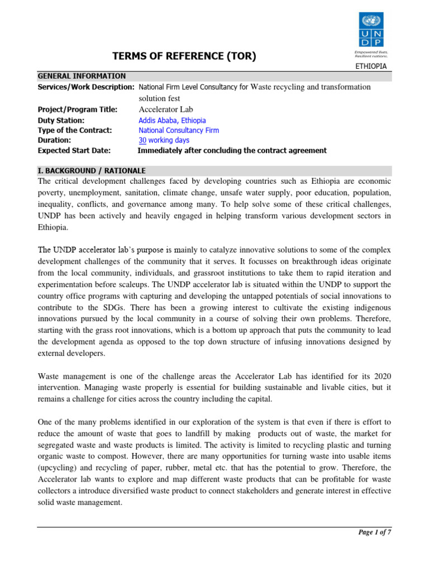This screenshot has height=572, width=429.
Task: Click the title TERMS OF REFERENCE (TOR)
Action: click(x=185, y=56)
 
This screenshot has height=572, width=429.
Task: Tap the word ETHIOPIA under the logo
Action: click(x=371, y=66)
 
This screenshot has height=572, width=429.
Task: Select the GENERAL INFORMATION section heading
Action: click(x=82, y=76)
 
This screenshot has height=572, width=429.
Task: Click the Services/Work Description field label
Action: click(x=85, y=87)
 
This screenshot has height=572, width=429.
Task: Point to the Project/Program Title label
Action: click(x=78, y=109)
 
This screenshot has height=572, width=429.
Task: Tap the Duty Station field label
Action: click(x=61, y=120)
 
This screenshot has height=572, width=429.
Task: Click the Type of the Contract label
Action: click(x=75, y=130)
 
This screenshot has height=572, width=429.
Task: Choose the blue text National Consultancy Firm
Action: click(x=179, y=130)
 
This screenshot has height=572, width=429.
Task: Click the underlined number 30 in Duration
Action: click(x=142, y=140)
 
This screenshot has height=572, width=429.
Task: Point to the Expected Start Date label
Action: click(x=74, y=151)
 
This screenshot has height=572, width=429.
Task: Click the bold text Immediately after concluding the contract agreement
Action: click(x=232, y=151)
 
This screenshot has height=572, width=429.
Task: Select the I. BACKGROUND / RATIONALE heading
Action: click(x=92, y=170)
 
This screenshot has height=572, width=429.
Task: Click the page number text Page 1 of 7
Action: click(x=374, y=532)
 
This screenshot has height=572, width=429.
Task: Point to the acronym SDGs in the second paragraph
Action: click(x=121, y=308)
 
